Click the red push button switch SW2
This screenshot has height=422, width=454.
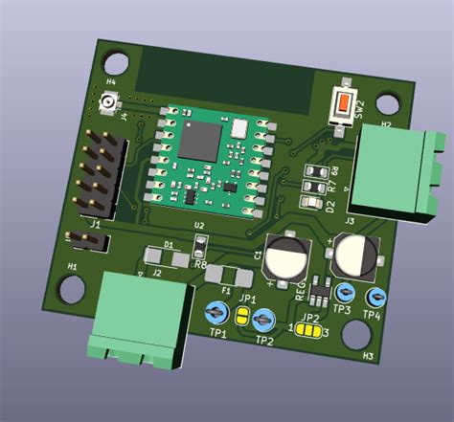(x=343, y=103)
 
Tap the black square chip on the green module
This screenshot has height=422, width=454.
(x=203, y=139)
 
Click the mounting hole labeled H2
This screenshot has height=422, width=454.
(x=389, y=104)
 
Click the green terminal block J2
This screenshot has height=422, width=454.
(x=132, y=316)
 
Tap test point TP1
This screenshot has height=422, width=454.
(x=217, y=313)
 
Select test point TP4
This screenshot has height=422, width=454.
(x=375, y=296)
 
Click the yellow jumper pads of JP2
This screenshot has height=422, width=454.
(x=308, y=330)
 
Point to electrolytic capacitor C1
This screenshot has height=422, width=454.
(x=287, y=257)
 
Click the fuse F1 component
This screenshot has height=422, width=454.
(x=229, y=276)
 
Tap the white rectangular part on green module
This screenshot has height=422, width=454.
(x=238, y=126)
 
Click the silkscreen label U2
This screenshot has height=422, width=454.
(x=199, y=226)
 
